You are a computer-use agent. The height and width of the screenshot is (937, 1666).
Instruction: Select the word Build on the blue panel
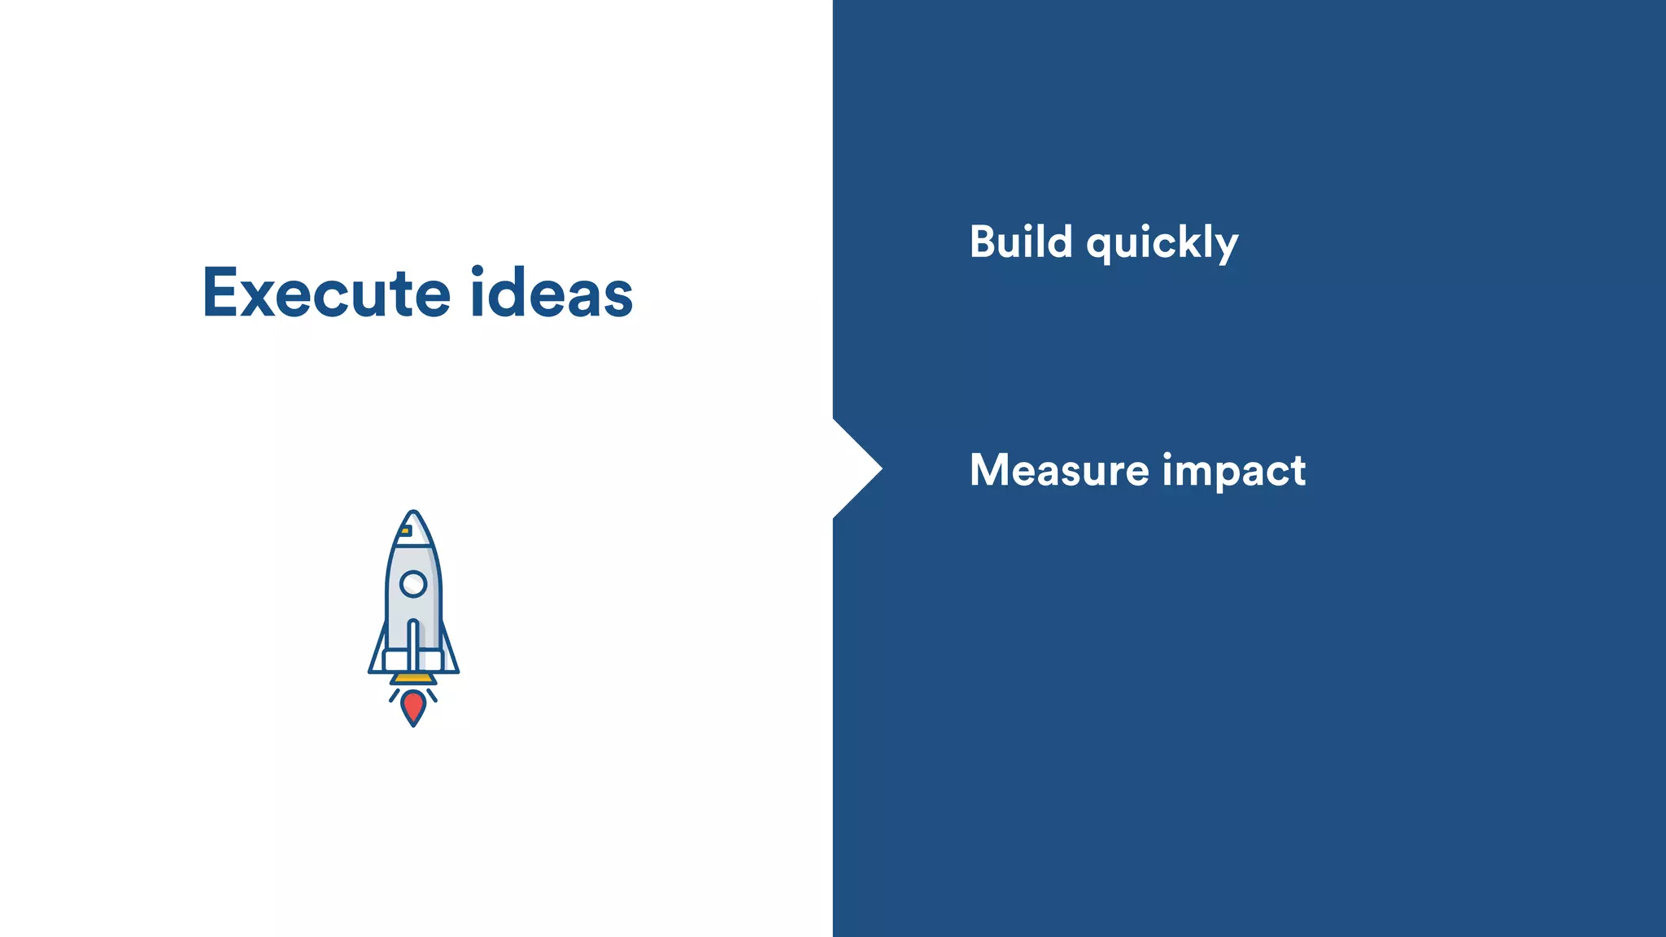(1021, 242)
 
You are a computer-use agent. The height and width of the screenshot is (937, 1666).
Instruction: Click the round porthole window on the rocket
(413, 583)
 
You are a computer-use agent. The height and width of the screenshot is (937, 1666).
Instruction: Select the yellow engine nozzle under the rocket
(413, 678)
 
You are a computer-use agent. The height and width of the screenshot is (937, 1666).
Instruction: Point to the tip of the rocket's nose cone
(413, 513)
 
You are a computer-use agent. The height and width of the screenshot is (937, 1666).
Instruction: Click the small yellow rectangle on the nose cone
(405, 531)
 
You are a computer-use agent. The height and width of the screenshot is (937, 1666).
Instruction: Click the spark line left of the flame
(395, 695)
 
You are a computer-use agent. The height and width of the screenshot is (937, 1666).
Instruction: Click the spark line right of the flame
(432, 695)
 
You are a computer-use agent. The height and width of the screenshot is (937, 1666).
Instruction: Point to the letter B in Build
(984, 242)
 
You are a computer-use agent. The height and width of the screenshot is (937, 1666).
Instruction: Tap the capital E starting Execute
(220, 293)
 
